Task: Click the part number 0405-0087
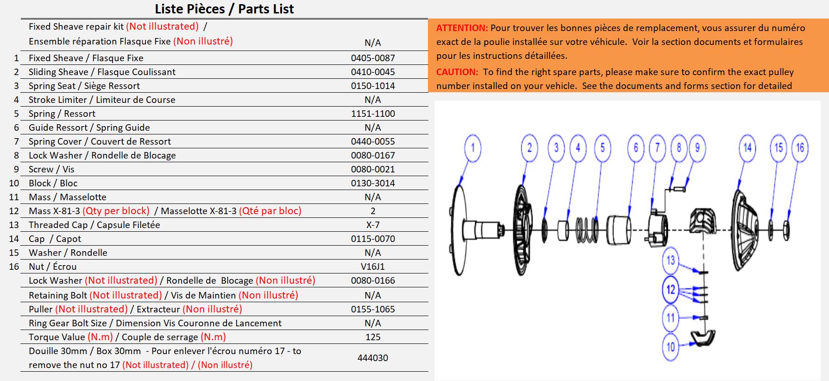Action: click(373, 58)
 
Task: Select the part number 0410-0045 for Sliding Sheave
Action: click(373, 72)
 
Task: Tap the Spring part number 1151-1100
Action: click(373, 114)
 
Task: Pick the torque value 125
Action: click(373, 337)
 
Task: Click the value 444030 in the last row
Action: click(373, 358)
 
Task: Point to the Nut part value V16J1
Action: click(373, 267)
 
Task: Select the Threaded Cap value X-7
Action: click(373, 225)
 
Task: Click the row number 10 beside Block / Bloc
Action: click(14, 183)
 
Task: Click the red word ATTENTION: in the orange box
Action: click(462, 28)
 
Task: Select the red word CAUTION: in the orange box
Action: click(457, 72)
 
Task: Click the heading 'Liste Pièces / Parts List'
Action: click(224, 9)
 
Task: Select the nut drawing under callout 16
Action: click(786, 230)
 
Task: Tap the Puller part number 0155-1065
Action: click(373, 309)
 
